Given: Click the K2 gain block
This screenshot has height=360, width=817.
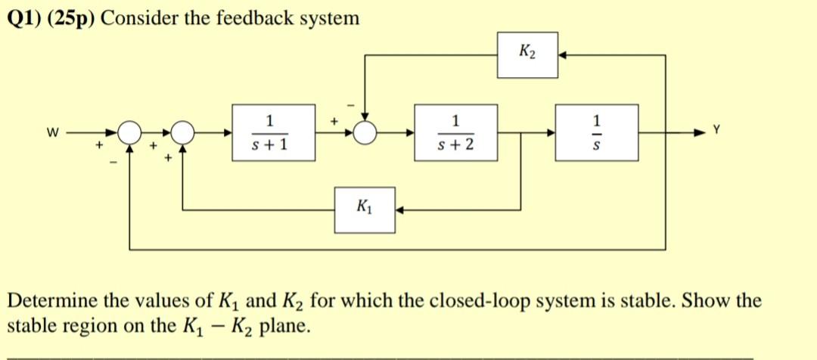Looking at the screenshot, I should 527,54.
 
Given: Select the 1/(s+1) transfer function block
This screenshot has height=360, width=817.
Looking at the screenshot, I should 270,132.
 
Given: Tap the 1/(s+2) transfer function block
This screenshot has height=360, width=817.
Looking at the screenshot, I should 455,132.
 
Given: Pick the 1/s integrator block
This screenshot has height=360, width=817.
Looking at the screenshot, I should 596,132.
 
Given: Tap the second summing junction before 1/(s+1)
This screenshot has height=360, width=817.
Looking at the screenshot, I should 182,133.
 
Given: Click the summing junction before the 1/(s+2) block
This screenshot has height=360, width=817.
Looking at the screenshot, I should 366,133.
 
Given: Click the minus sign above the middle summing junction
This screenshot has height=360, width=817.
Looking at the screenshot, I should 351,103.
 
